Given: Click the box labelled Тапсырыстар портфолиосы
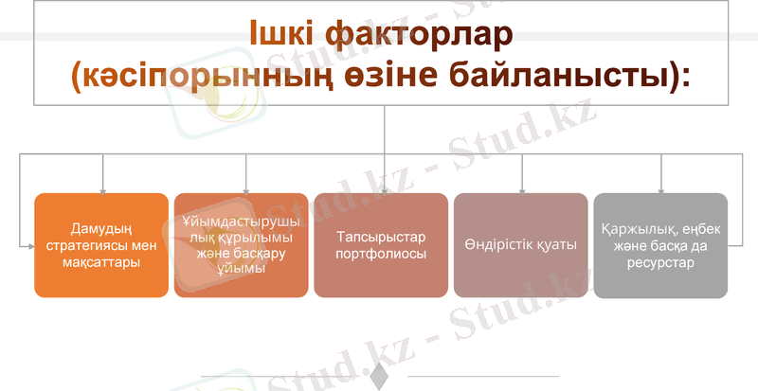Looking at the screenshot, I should [x=382, y=245].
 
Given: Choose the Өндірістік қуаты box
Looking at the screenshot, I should [x=521, y=245].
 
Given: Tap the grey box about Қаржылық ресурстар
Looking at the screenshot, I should [x=660, y=245].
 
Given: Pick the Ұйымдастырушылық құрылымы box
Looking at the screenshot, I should [x=241, y=245].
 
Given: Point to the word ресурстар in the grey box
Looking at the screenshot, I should [x=660, y=262].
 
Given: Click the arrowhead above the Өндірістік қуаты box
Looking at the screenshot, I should [x=522, y=188].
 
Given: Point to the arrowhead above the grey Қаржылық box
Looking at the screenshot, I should [x=660, y=188].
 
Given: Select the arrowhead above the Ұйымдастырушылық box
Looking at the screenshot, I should [x=245, y=188].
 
